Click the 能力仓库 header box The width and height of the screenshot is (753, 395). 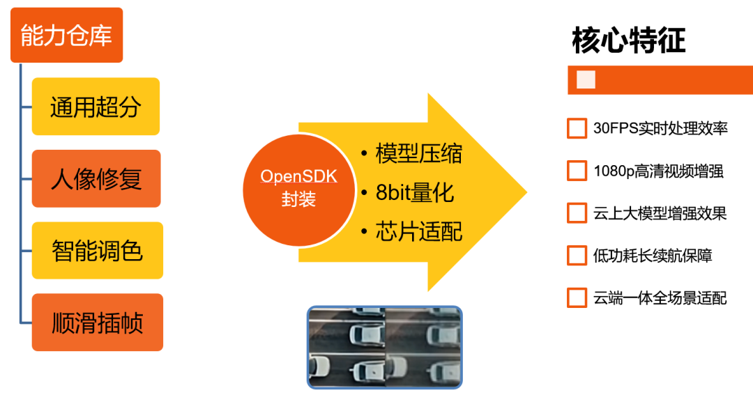pos(66,36)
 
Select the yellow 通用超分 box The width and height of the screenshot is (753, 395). pos(96,107)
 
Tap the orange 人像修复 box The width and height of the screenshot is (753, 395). pos(96,178)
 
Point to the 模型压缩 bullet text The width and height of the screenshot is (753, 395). pos(418,153)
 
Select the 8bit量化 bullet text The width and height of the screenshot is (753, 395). pos(415,192)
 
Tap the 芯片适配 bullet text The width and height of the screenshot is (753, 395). pos(418,231)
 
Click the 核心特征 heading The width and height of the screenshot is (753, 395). pos(628,40)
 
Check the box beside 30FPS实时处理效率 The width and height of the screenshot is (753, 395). pos(577,129)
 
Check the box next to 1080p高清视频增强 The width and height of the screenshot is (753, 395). pos(577,171)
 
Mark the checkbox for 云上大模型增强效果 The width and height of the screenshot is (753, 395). pos(577,213)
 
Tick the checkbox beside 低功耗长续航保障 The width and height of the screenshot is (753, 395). pos(577,256)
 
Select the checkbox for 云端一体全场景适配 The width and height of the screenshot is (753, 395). pos(577,298)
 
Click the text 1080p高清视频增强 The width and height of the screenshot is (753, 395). pos(658,171)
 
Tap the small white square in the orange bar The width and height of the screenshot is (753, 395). pos(586,80)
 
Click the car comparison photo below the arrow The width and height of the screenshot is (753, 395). pos(385,346)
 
